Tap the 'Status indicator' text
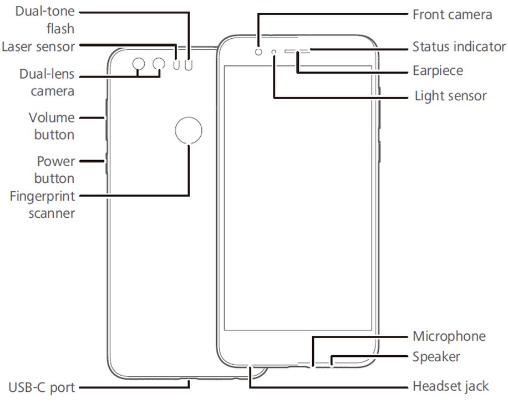point(459,47)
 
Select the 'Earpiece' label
point(438,71)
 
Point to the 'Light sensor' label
point(450,96)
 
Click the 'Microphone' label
point(449,336)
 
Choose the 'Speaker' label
point(436,356)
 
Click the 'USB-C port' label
point(42,386)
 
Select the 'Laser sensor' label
point(38,46)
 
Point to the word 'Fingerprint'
point(42,196)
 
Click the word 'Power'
point(55,162)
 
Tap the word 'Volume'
point(52,117)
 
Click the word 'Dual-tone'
point(44,11)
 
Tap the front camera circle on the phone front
point(259,52)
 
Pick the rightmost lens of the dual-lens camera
point(159,64)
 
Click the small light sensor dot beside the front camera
point(274,52)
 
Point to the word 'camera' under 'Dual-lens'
point(52,90)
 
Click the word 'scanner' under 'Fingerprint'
point(52,212)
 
